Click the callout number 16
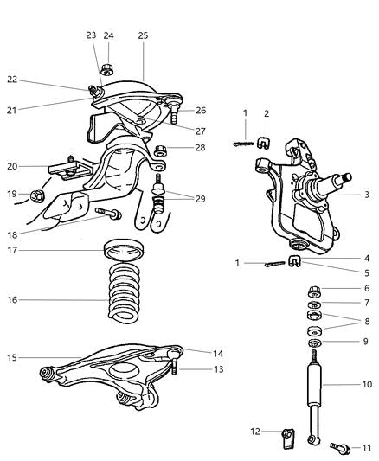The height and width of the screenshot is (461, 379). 12,300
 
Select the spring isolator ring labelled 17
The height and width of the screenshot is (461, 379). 123,253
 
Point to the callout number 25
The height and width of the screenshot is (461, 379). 144,35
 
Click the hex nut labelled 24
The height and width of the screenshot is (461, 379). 107,68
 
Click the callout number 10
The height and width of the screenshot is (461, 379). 366,383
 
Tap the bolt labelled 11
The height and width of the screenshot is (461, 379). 341,447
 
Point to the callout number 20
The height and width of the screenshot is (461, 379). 12,167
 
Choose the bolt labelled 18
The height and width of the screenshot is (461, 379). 110,212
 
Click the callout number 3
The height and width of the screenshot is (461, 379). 366,195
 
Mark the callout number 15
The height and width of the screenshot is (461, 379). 12,356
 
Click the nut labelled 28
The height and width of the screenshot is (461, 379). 159,150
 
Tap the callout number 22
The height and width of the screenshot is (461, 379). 12,79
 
